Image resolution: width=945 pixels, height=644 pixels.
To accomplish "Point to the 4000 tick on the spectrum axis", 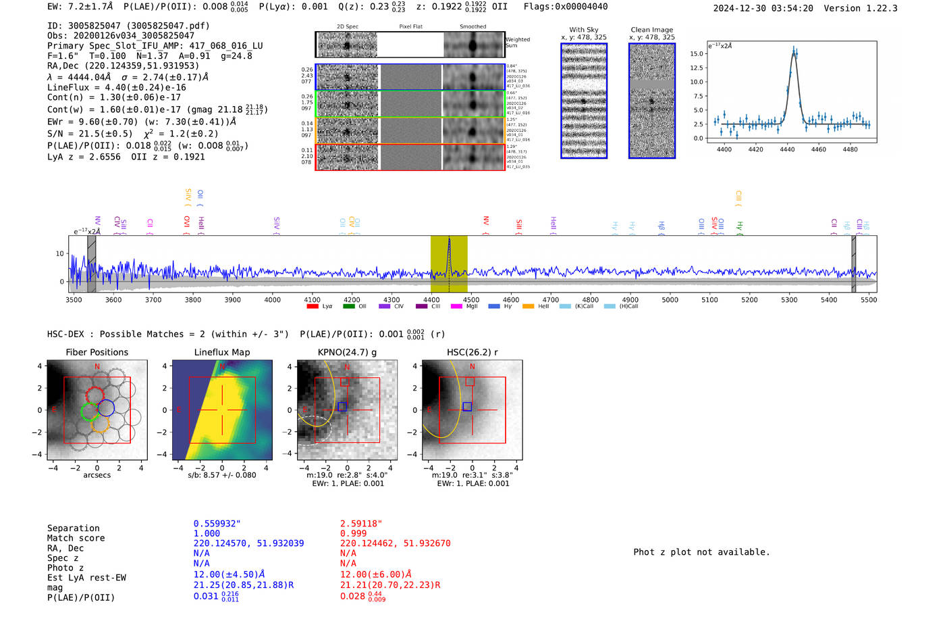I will (x=273, y=300).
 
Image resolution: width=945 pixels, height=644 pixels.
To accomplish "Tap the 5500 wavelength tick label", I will (x=869, y=300).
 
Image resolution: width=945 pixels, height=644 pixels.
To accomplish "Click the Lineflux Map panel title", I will (x=222, y=352).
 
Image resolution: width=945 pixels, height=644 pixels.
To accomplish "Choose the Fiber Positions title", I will (x=97, y=352).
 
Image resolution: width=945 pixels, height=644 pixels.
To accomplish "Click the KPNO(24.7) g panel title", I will (x=347, y=352).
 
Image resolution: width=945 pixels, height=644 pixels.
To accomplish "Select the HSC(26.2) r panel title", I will (x=472, y=352).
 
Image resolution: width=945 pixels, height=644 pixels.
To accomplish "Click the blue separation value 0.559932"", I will (x=217, y=524).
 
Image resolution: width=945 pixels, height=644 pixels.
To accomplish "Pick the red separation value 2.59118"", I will (x=361, y=524).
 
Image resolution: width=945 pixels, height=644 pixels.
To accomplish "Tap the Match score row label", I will (x=76, y=539).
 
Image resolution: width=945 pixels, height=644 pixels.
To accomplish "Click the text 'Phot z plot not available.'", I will (x=701, y=552).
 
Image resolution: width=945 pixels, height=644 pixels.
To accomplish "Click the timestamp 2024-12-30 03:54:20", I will (x=763, y=8).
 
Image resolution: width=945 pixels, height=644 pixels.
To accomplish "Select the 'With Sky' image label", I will (x=583, y=30).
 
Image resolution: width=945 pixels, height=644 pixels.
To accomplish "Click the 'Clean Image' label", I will (x=651, y=30).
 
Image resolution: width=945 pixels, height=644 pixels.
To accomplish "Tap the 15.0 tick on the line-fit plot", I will (x=697, y=53).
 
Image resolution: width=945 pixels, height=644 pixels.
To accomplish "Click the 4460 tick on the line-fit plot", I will (x=818, y=149).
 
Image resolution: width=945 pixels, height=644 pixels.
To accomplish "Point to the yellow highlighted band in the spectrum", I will (x=449, y=264).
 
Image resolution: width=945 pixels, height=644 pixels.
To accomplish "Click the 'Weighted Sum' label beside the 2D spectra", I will (x=517, y=43).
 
